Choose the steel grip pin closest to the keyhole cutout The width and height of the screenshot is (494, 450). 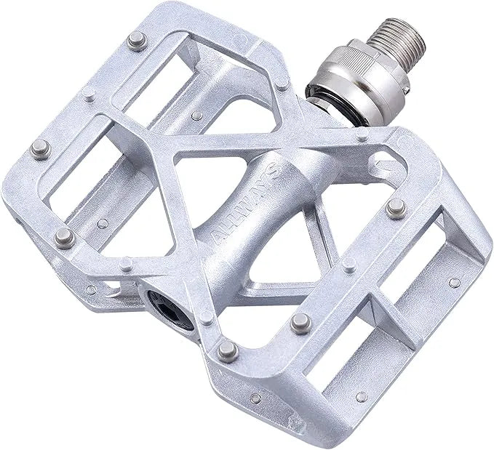coord(395,208)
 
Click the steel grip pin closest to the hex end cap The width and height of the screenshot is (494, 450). coord(227,350)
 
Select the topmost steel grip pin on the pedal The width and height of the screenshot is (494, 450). coord(135,41)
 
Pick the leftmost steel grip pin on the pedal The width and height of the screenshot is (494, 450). coord(40,148)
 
